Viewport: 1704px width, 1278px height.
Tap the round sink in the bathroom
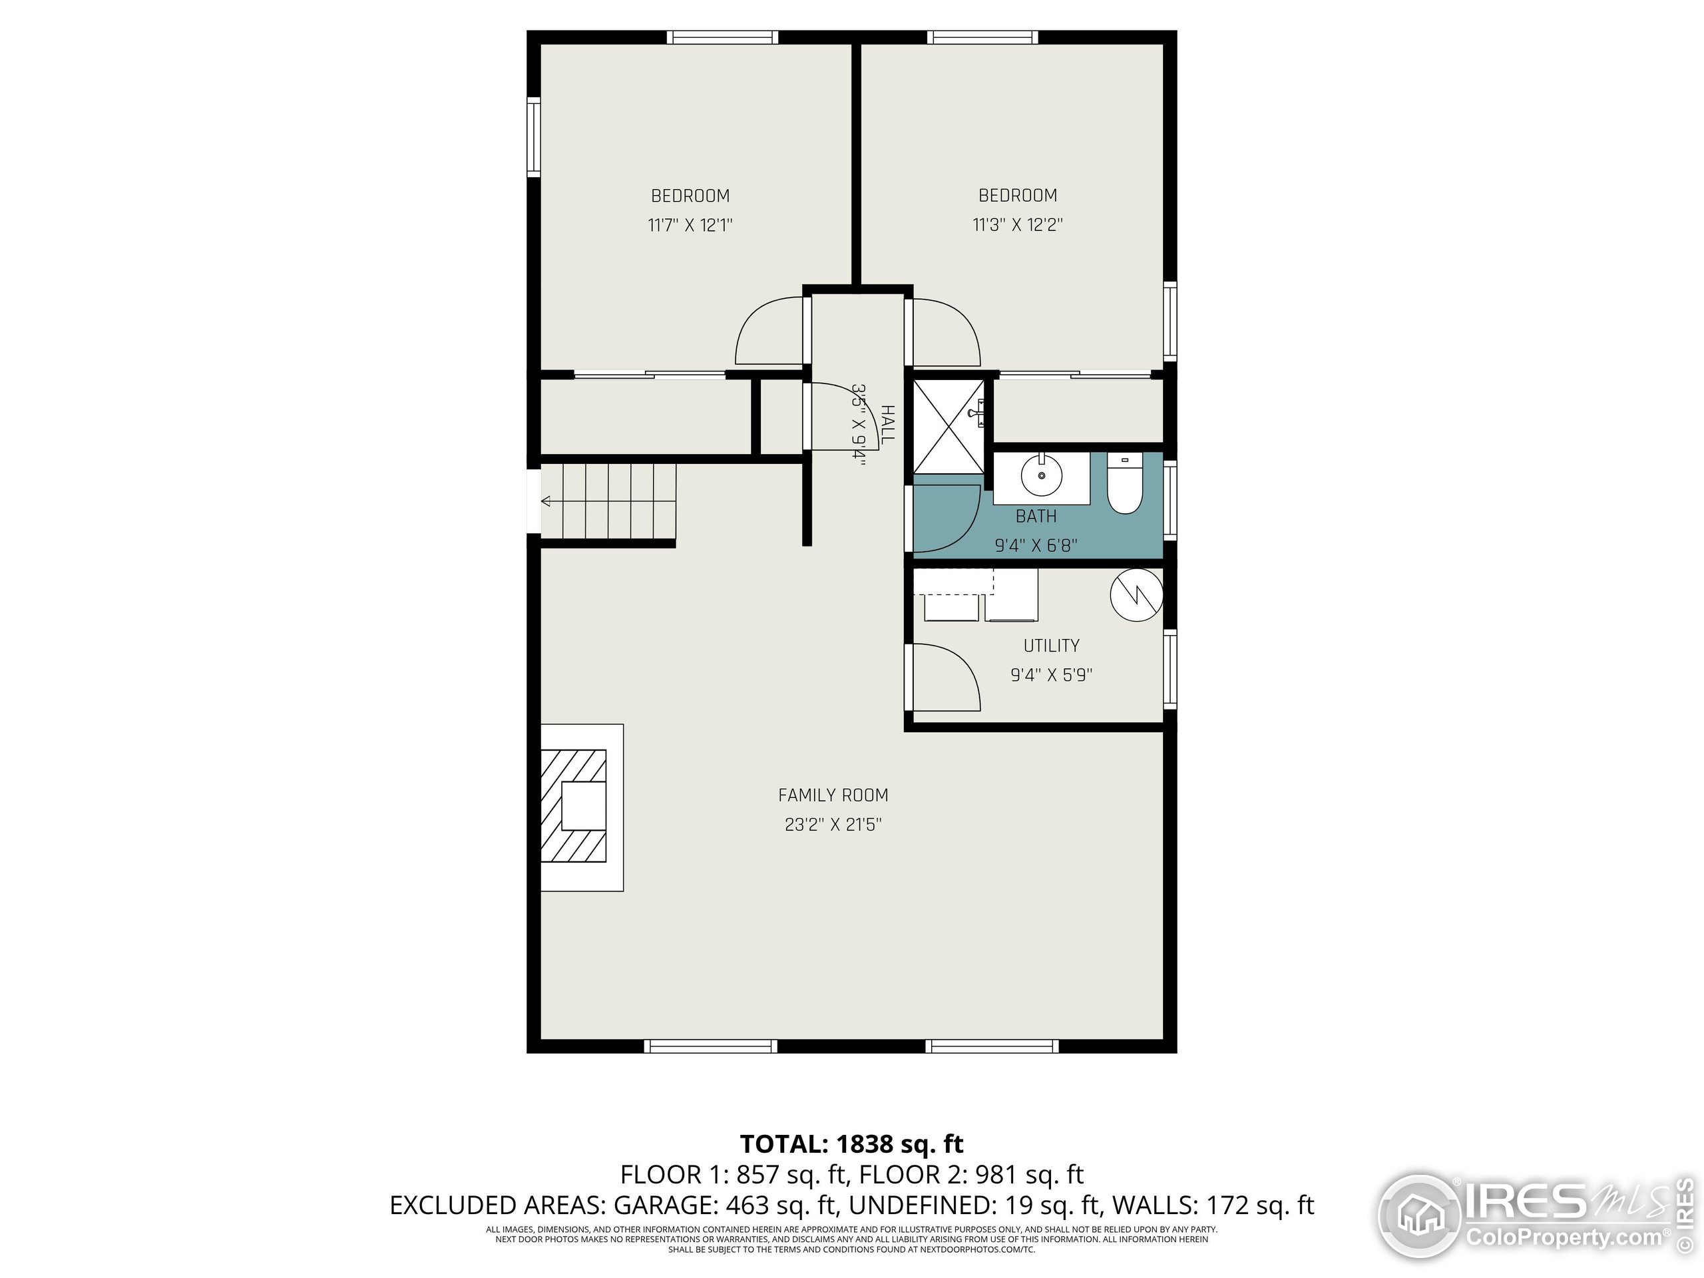coord(1042,476)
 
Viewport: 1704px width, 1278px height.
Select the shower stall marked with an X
coord(949,425)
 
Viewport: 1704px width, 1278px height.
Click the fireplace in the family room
coord(582,807)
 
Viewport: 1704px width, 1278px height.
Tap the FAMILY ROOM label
coord(833,795)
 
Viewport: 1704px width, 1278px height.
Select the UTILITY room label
coord(1051,646)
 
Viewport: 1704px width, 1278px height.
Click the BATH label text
coord(1036,516)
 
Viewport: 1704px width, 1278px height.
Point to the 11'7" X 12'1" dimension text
coord(690,226)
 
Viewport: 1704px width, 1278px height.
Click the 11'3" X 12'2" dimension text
coord(1018,225)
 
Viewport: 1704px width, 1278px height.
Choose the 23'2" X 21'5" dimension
coord(833,825)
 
